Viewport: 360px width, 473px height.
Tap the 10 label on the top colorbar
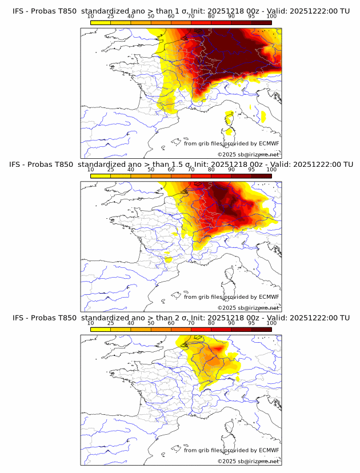click(x=91, y=16)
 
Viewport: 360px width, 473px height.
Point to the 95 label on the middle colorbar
click(x=251, y=170)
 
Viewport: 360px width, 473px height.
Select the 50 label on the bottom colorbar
click(x=151, y=323)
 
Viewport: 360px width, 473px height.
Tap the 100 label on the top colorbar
click(x=271, y=16)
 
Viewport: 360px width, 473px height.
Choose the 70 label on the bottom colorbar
click(x=191, y=323)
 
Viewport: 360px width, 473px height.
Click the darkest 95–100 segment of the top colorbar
click(x=261, y=22)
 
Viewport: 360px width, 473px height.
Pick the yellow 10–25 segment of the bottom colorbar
click(x=101, y=330)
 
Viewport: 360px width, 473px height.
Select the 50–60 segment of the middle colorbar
click(x=161, y=176)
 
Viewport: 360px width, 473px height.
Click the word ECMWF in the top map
click(x=269, y=143)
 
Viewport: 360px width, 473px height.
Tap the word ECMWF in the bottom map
click(x=269, y=450)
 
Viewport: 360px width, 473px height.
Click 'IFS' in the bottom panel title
click(x=18, y=318)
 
